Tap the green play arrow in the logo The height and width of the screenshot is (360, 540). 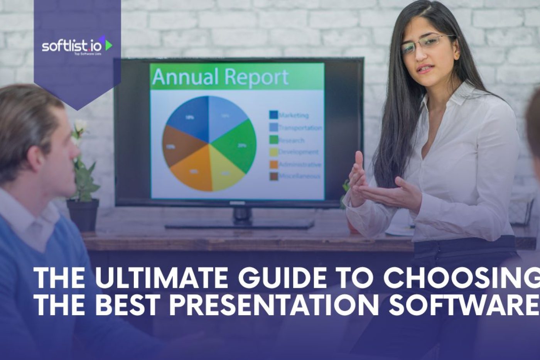pyautogui.click(x=108, y=44)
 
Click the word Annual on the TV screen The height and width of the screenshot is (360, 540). pyautogui.click(x=186, y=77)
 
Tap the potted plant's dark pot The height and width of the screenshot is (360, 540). pyautogui.click(x=83, y=215)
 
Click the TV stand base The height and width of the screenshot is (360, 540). pyautogui.click(x=239, y=224)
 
